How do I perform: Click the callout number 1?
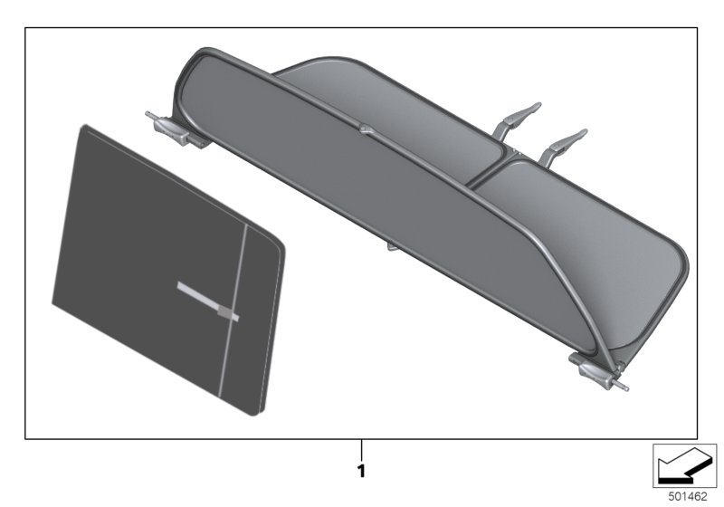(x=361, y=472)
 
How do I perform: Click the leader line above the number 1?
(x=361, y=448)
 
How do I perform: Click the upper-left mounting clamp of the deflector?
(x=172, y=129)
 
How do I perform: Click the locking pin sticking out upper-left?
(x=148, y=115)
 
